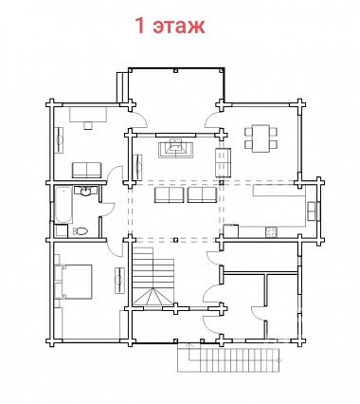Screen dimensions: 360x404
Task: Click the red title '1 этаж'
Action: click(171, 26)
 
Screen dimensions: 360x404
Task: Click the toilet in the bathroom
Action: click(81, 231)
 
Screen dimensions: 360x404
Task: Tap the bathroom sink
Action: click(85, 192)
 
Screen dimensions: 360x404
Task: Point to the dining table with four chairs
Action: click(261, 138)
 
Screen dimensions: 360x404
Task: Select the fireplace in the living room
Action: click(175, 148)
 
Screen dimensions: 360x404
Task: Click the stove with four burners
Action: click(271, 232)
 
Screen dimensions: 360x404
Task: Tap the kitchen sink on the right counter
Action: click(312, 211)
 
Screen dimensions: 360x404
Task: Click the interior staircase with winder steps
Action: click(153, 276)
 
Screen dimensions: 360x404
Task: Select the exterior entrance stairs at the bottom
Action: click(228, 359)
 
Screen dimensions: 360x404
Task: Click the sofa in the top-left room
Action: click(86, 170)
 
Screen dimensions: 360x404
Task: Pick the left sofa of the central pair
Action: click(169, 194)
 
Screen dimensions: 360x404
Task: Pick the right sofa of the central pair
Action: click(202, 194)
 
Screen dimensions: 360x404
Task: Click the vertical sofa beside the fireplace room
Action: click(223, 162)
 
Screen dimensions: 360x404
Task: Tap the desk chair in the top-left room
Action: click(88, 125)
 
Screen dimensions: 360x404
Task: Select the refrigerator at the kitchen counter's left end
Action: click(231, 230)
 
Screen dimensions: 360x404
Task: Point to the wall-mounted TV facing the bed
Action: click(119, 280)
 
